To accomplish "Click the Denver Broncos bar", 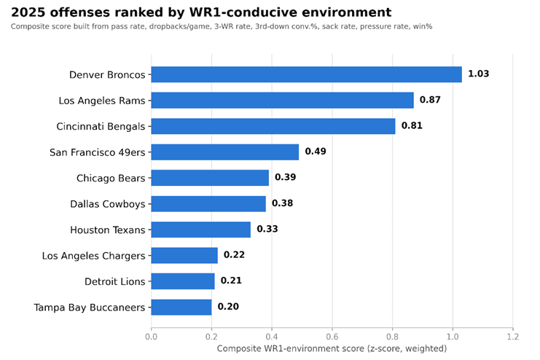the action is point(307,74).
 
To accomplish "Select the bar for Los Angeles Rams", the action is point(283,101).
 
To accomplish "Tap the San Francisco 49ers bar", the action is point(225,152).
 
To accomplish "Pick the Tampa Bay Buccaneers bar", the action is point(181,307).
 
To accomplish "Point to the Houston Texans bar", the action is point(201,230).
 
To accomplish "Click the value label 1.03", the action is point(478,74).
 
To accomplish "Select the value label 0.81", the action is point(412,125).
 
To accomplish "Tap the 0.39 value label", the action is point(286,177).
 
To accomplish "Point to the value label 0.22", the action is point(234,254).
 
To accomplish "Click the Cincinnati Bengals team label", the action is point(101,126).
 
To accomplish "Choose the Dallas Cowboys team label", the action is point(108,204).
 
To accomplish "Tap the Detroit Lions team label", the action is point(115,281).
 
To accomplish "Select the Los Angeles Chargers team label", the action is point(94,256).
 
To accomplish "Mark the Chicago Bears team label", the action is point(111,178).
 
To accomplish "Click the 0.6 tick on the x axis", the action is point(332,337).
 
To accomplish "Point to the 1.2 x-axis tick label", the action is point(513,337).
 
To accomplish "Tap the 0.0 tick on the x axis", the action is point(151,337).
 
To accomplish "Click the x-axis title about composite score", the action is point(332,348).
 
